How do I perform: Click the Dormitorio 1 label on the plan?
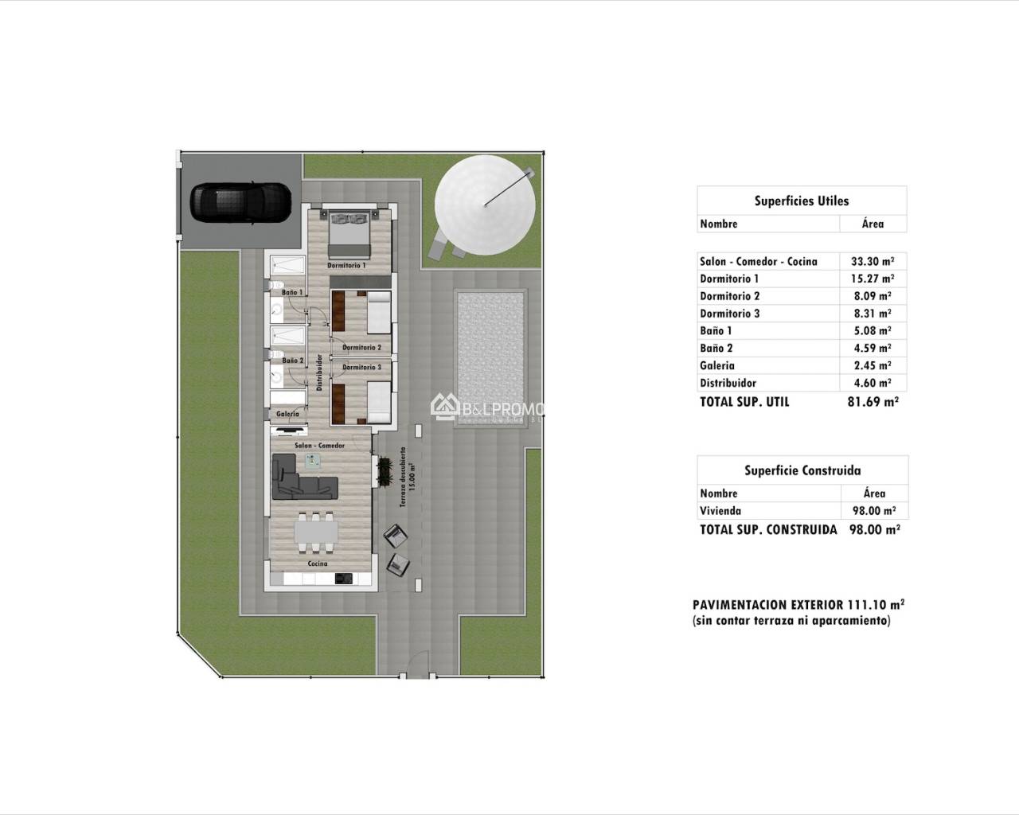tap(346, 265)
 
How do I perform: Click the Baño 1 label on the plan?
tap(292, 293)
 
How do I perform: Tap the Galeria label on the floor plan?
tap(287, 414)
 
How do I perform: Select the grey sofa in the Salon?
tap(303, 476)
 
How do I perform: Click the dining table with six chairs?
tap(315, 530)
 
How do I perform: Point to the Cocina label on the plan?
tap(318, 563)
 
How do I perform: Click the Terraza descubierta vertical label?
tap(407, 477)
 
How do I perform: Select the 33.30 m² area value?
tap(873, 261)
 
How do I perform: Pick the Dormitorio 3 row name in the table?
tap(729, 314)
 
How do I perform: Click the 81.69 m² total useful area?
tap(873, 402)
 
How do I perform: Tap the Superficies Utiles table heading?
tap(801, 201)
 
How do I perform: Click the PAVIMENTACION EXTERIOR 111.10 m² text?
tap(798, 604)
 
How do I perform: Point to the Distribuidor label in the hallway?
tap(319, 372)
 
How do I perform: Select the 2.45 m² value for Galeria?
tap(873, 365)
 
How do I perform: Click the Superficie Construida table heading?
tap(802, 470)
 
